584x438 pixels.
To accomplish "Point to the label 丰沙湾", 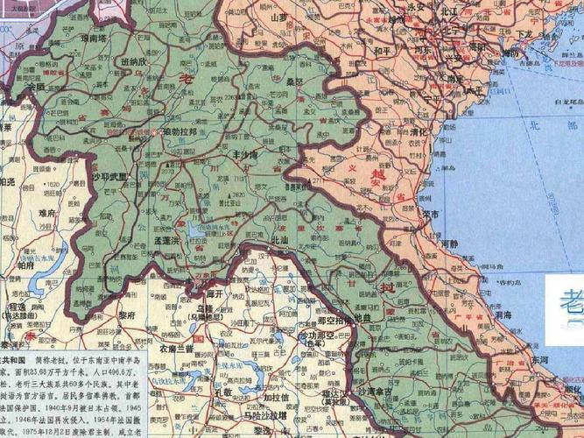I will point(239,154).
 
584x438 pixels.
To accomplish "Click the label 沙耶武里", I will point(109,176).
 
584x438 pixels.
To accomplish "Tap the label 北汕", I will point(279,239).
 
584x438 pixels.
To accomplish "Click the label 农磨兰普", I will point(177,348).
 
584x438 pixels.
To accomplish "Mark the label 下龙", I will point(524,34).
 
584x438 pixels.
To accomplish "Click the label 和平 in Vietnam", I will point(383,51).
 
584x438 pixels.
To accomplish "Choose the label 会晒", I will point(36,88).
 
